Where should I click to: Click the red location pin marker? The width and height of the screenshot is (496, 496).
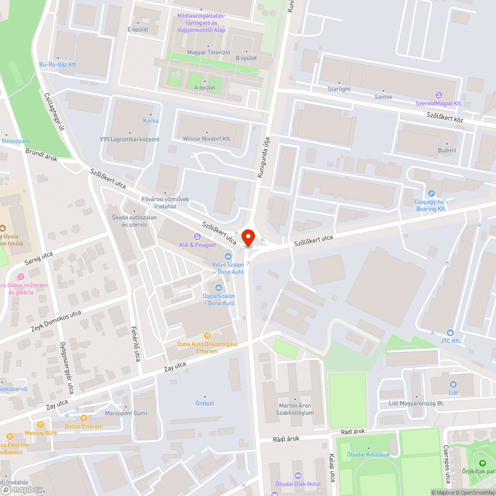[248, 238]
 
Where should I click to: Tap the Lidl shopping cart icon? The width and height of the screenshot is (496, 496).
[453, 384]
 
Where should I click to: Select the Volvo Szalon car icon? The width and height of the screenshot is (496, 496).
[228, 256]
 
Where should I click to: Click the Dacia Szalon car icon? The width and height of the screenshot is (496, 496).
[218, 287]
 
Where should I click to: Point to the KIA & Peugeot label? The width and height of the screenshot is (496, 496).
[198, 245]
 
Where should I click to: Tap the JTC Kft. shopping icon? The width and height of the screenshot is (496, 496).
[450, 332]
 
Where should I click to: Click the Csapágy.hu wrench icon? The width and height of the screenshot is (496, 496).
[431, 193]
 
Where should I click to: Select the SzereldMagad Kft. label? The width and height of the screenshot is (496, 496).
[439, 103]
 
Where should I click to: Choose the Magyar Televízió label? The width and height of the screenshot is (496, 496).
[208, 52]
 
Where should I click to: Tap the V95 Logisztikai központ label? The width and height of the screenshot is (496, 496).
[129, 139]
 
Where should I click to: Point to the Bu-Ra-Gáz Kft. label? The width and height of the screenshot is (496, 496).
[58, 64]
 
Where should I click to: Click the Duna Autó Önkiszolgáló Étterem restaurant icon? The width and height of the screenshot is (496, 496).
[207, 336]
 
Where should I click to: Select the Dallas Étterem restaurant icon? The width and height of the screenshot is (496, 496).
[84, 418]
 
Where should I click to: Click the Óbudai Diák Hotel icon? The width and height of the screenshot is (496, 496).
[298, 476]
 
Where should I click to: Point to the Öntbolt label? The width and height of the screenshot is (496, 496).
[205, 403]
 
